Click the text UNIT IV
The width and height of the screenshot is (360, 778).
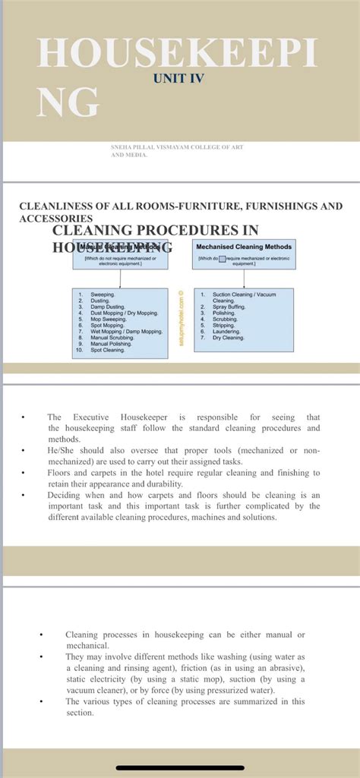pos(178,77)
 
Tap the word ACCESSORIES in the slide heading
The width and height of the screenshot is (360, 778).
pos(55,218)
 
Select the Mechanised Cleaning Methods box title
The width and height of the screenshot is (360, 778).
pos(244,247)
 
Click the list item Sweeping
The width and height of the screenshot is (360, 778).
pos(103,294)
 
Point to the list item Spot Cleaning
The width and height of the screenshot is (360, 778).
pos(108,350)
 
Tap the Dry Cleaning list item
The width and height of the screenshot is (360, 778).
pos(229,337)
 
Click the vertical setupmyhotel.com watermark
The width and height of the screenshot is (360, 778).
pos(182,317)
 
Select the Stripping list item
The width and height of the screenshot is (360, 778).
pos(225,325)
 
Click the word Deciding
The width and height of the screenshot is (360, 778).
pos(64,495)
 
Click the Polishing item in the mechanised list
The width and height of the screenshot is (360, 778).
pos(225,313)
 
